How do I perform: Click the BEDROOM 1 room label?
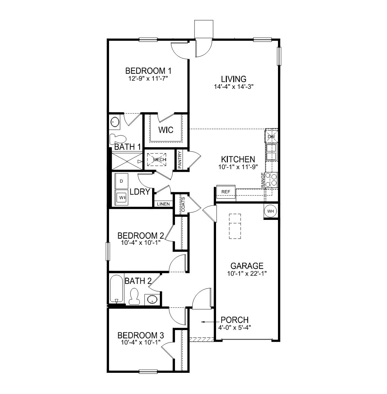[x=148, y=71]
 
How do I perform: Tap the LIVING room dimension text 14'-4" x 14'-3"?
[x=234, y=86]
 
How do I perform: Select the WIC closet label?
[x=166, y=130]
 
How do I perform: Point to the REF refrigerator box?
[x=226, y=192]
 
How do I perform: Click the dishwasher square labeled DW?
[x=271, y=137]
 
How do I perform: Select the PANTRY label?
[x=180, y=160]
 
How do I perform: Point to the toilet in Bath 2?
[x=134, y=296]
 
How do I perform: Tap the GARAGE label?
[x=247, y=266]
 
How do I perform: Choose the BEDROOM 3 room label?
[x=141, y=335]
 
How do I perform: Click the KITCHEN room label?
[x=238, y=159]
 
